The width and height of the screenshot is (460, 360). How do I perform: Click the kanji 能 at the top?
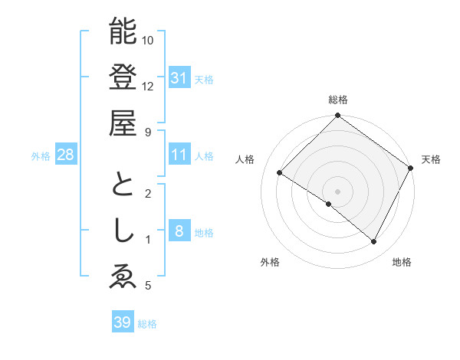click(123, 31)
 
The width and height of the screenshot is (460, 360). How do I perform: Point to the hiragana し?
click(123, 231)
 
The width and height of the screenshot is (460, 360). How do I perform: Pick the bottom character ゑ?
click(123, 277)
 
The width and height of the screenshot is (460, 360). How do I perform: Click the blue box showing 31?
click(179, 77)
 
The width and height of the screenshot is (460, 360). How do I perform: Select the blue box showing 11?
click(179, 155)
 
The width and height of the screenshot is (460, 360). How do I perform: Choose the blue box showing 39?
click(122, 322)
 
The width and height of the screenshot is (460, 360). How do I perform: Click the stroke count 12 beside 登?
click(148, 86)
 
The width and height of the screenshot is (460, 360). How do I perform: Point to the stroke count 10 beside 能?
click(148, 40)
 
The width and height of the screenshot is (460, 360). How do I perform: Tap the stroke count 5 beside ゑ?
click(147, 286)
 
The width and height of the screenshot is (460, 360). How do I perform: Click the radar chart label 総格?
click(338, 100)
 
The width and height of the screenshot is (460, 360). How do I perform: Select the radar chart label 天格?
click(431, 159)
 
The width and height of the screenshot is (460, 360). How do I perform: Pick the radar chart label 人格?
click(245, 159)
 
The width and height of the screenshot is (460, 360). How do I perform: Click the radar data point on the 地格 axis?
click(374, 242)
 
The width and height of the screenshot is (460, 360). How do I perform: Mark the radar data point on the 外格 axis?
click(329, 205)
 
